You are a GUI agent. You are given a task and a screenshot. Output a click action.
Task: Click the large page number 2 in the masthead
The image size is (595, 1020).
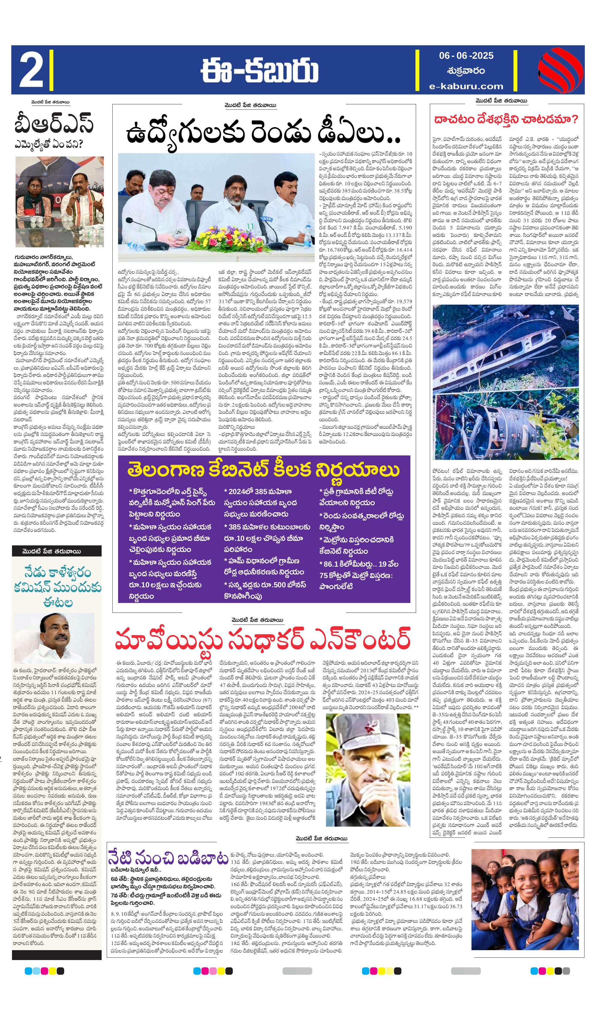tap(31, 70)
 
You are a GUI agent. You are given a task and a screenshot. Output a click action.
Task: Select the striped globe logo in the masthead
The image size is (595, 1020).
tap(560, 70)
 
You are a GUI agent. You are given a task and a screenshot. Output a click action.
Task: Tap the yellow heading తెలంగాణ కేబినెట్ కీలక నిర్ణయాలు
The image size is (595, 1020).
tap(263, 470)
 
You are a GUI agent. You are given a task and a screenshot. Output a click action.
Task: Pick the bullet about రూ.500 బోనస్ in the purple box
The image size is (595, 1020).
tap(265, 591)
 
